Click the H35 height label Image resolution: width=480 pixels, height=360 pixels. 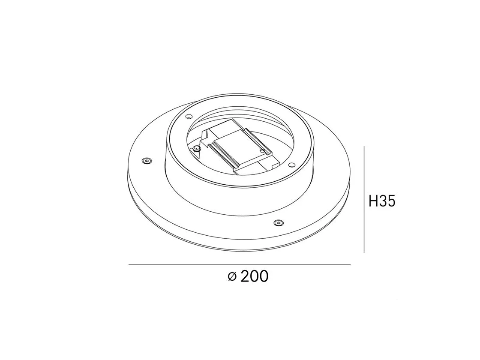(x=382, y=201)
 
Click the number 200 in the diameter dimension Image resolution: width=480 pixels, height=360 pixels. (x=255, y=276)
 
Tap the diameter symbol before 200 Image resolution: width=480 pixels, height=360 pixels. (x=232, y=276)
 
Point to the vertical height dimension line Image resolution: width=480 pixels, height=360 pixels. (x=364, y=200)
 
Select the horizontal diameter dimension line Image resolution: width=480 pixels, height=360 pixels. (x=240, y=264)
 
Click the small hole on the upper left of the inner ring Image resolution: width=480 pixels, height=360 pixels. (x=189, y=116)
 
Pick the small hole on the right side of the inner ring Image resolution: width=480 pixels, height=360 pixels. (x=291, y=165)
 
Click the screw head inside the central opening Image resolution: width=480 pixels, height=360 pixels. (x=197, y=148)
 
